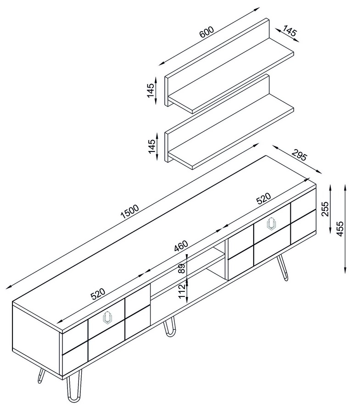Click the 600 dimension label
pos(206,32)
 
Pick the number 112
pos(182,291)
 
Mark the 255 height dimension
pos(325,209)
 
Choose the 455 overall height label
pos(340,229)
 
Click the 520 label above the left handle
pos(98,294)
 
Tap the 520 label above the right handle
pos(263,198)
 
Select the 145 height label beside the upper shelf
pos(150,90)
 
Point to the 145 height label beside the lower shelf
pos(152,146)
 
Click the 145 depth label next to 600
pos(290,31)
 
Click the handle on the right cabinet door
pos(272,224)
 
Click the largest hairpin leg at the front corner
pos(74,389)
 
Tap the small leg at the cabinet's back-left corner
pos(41,375)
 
